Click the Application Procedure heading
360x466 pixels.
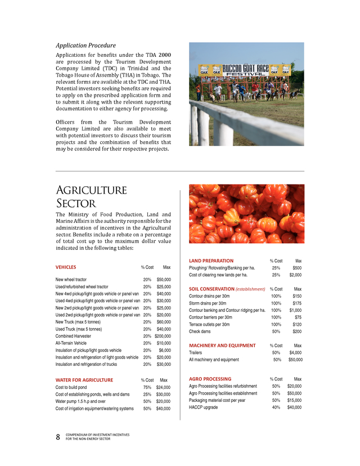[85, 45]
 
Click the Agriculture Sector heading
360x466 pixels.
[91, 196]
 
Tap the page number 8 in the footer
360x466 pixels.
[58, 437]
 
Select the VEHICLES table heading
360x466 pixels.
[66, 267]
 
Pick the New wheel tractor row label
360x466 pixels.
[71, 279]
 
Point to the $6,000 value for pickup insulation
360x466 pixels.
[165, 350]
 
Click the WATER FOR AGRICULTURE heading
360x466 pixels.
[84, 380]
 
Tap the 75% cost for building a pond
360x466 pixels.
[147, 387]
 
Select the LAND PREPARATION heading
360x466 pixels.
[211, 261]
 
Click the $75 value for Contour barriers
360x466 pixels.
[298, 317]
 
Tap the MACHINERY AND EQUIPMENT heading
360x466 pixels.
[222, 345]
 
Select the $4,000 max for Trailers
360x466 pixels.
[295, 352]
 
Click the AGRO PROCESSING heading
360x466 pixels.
[210, 379]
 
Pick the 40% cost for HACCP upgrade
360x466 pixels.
[276, 407]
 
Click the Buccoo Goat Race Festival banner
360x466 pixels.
[246, 71]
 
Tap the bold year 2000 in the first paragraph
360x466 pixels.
[164, 54]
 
